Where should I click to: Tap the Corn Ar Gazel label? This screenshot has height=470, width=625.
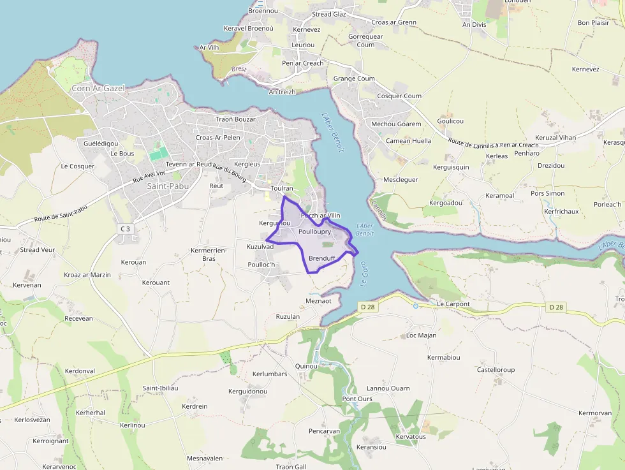coord(98,88)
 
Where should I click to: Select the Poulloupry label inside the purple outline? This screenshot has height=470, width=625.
coord(314,232)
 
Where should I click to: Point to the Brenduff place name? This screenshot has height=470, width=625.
coord(321,258)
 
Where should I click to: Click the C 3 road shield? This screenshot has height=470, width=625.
coord(124,228)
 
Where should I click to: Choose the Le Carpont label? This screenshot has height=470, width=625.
coord(453,304)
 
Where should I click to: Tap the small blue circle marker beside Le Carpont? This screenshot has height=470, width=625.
coord(416,306)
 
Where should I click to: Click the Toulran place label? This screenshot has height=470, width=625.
coord(281,189)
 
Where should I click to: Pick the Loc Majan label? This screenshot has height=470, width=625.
coord(421,335)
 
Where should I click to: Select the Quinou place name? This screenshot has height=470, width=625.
coord(306,366)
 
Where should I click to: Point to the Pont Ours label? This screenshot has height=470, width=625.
coord(357,399)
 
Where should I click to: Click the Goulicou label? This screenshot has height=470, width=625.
coord(450,121)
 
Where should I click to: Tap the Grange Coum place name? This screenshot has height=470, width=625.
coord(354,79)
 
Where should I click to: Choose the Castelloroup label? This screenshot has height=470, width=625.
coord(496,370)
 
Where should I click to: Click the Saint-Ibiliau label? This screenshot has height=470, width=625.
coord(160,388)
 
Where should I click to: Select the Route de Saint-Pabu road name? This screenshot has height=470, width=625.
coord(60,214)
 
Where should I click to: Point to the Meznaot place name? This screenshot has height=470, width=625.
coord(319,301)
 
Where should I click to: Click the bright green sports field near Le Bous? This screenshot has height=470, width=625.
coord(159,154)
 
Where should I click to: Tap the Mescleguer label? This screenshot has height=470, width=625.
coord(401,180)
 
